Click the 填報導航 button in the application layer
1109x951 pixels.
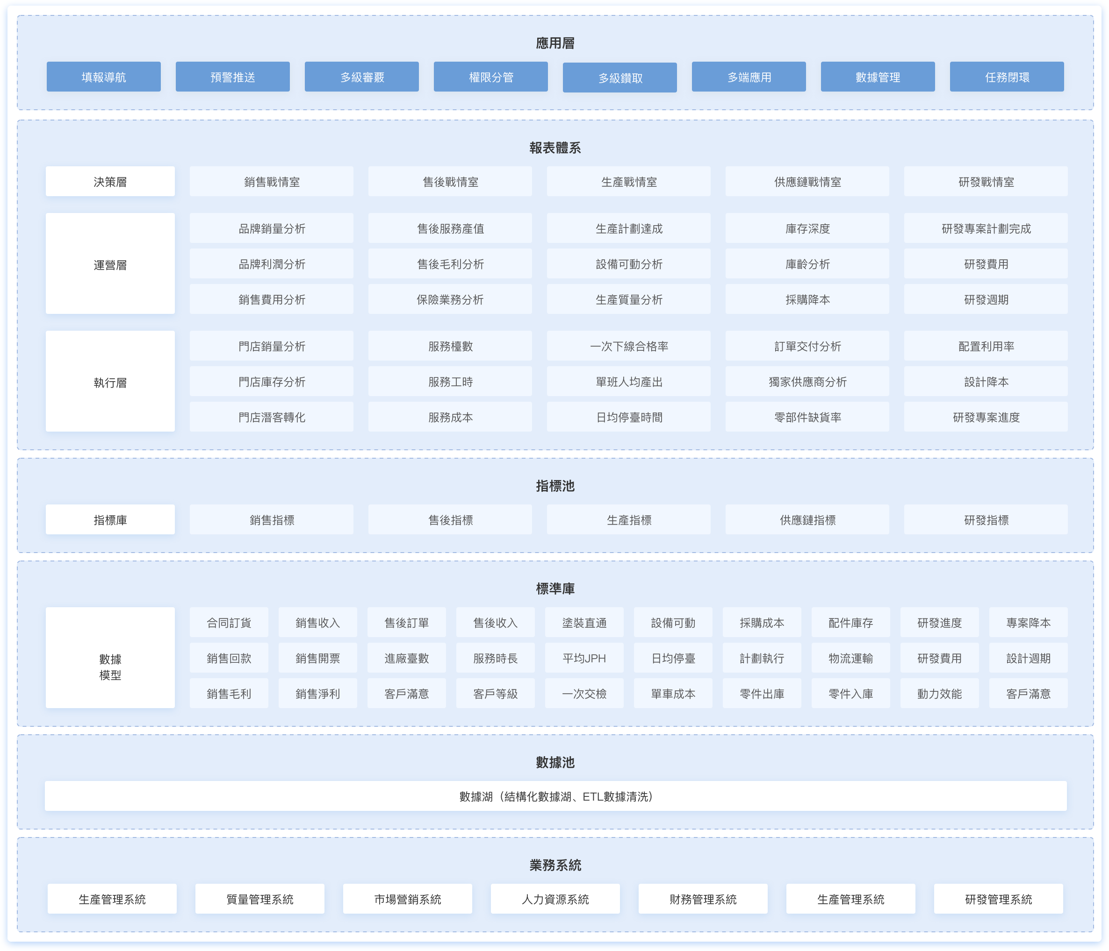103,77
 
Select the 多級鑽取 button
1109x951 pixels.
619,78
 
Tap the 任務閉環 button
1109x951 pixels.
1006,77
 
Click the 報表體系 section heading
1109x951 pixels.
555,148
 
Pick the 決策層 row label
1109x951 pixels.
110,181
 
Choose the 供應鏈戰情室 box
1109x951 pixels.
807,181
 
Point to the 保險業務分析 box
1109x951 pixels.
450,299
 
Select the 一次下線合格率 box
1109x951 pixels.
628,346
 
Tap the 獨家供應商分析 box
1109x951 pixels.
807,381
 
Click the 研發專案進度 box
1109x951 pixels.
986,417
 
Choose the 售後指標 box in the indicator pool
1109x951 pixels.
450,519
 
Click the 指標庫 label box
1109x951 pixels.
110,519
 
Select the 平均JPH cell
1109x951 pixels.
584,658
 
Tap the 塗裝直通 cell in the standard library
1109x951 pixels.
584,622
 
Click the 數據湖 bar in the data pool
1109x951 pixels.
555,796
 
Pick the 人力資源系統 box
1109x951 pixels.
555,899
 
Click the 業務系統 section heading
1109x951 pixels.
555,865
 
